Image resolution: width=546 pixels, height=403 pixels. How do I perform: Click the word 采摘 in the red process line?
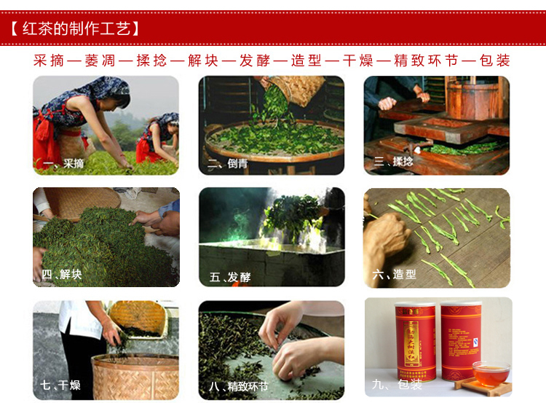point(50,60)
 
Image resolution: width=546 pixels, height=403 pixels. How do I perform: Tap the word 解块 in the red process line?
point(203,60)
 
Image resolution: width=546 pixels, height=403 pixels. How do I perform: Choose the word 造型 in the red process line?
point(306,60)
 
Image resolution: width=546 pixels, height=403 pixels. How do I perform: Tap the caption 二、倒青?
point(228,164)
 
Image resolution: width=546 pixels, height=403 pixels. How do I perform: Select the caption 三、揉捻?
point(393,162)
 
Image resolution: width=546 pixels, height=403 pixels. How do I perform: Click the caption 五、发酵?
point(229,277)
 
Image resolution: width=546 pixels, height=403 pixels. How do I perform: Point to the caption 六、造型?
point(394,275)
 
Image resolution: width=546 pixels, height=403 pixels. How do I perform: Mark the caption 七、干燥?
point(60,385)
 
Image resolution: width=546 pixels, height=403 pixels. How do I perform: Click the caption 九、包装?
point(396,384)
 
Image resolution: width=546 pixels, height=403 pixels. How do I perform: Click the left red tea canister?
point(416,343)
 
